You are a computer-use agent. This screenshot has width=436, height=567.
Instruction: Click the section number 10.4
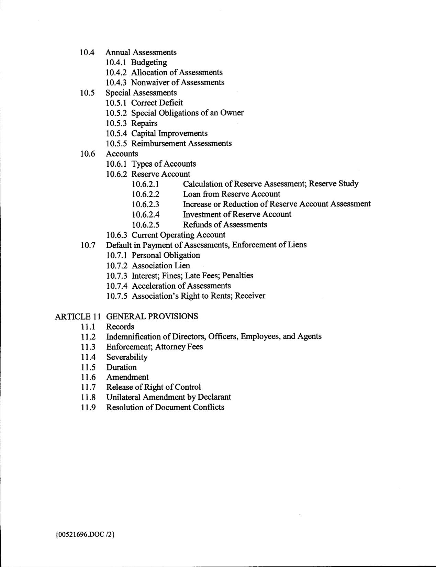87,52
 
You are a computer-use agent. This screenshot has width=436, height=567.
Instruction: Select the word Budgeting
149,63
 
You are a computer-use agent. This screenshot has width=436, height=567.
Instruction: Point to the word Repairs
144,123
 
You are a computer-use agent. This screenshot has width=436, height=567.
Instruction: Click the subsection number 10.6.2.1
145,184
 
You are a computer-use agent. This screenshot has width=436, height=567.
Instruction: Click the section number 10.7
88,245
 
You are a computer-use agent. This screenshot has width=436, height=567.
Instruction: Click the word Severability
127,357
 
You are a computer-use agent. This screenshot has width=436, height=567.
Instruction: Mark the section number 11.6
88,377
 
